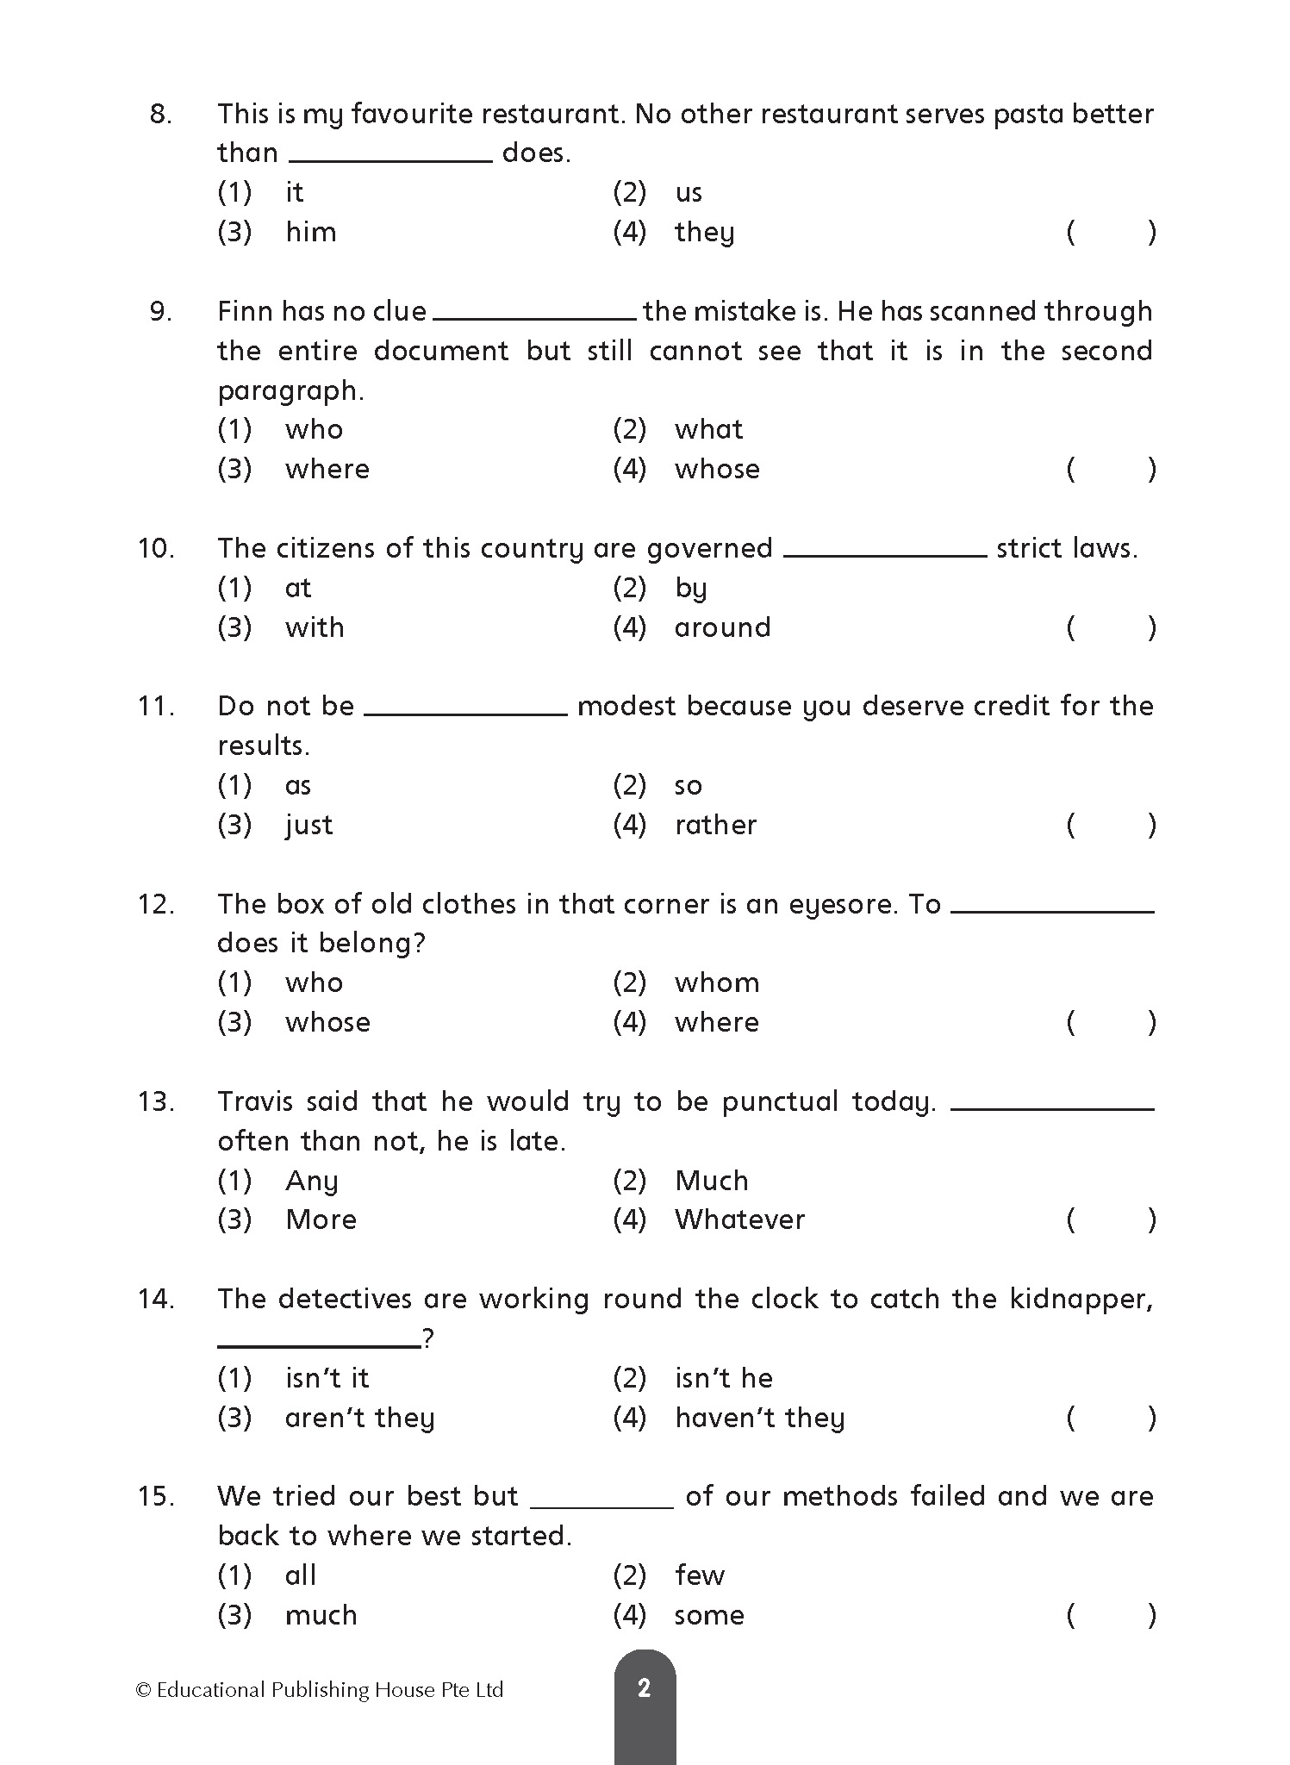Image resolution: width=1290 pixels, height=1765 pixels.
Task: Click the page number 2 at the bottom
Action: [x=644, y=1687]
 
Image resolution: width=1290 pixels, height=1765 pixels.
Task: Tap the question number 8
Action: [x=161, y=114]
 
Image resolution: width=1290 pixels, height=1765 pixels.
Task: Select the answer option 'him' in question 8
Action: [x=310, y=232]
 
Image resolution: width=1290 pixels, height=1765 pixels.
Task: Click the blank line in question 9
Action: [x=534, y=318]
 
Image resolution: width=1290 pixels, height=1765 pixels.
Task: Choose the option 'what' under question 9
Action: [x=708, y=429]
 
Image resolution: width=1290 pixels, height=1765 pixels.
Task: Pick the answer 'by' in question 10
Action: [x=691, y=589]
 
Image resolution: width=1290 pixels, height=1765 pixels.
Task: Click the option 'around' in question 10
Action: [x=722, y=627]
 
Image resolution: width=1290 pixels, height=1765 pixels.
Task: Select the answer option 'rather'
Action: [x=715, y=825]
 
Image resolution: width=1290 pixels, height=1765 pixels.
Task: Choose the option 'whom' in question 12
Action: [x=717, y=982]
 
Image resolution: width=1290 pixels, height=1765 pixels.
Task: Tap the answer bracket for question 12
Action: [x=1111, y=1023]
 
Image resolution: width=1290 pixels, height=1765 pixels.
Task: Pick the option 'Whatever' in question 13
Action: [x=739, y=1219]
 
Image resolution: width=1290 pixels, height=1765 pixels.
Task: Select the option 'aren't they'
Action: [x=359, y=1418]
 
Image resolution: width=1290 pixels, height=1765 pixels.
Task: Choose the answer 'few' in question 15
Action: [x=700, y=1575]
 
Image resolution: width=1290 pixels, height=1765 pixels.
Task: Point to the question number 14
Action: [x=156, y=1299]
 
